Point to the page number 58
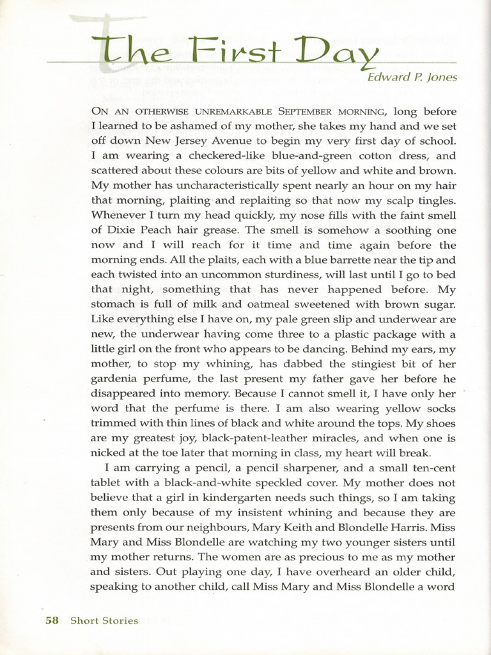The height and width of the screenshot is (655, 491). pos(52,620)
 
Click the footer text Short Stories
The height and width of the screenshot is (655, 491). pos(104,620)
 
